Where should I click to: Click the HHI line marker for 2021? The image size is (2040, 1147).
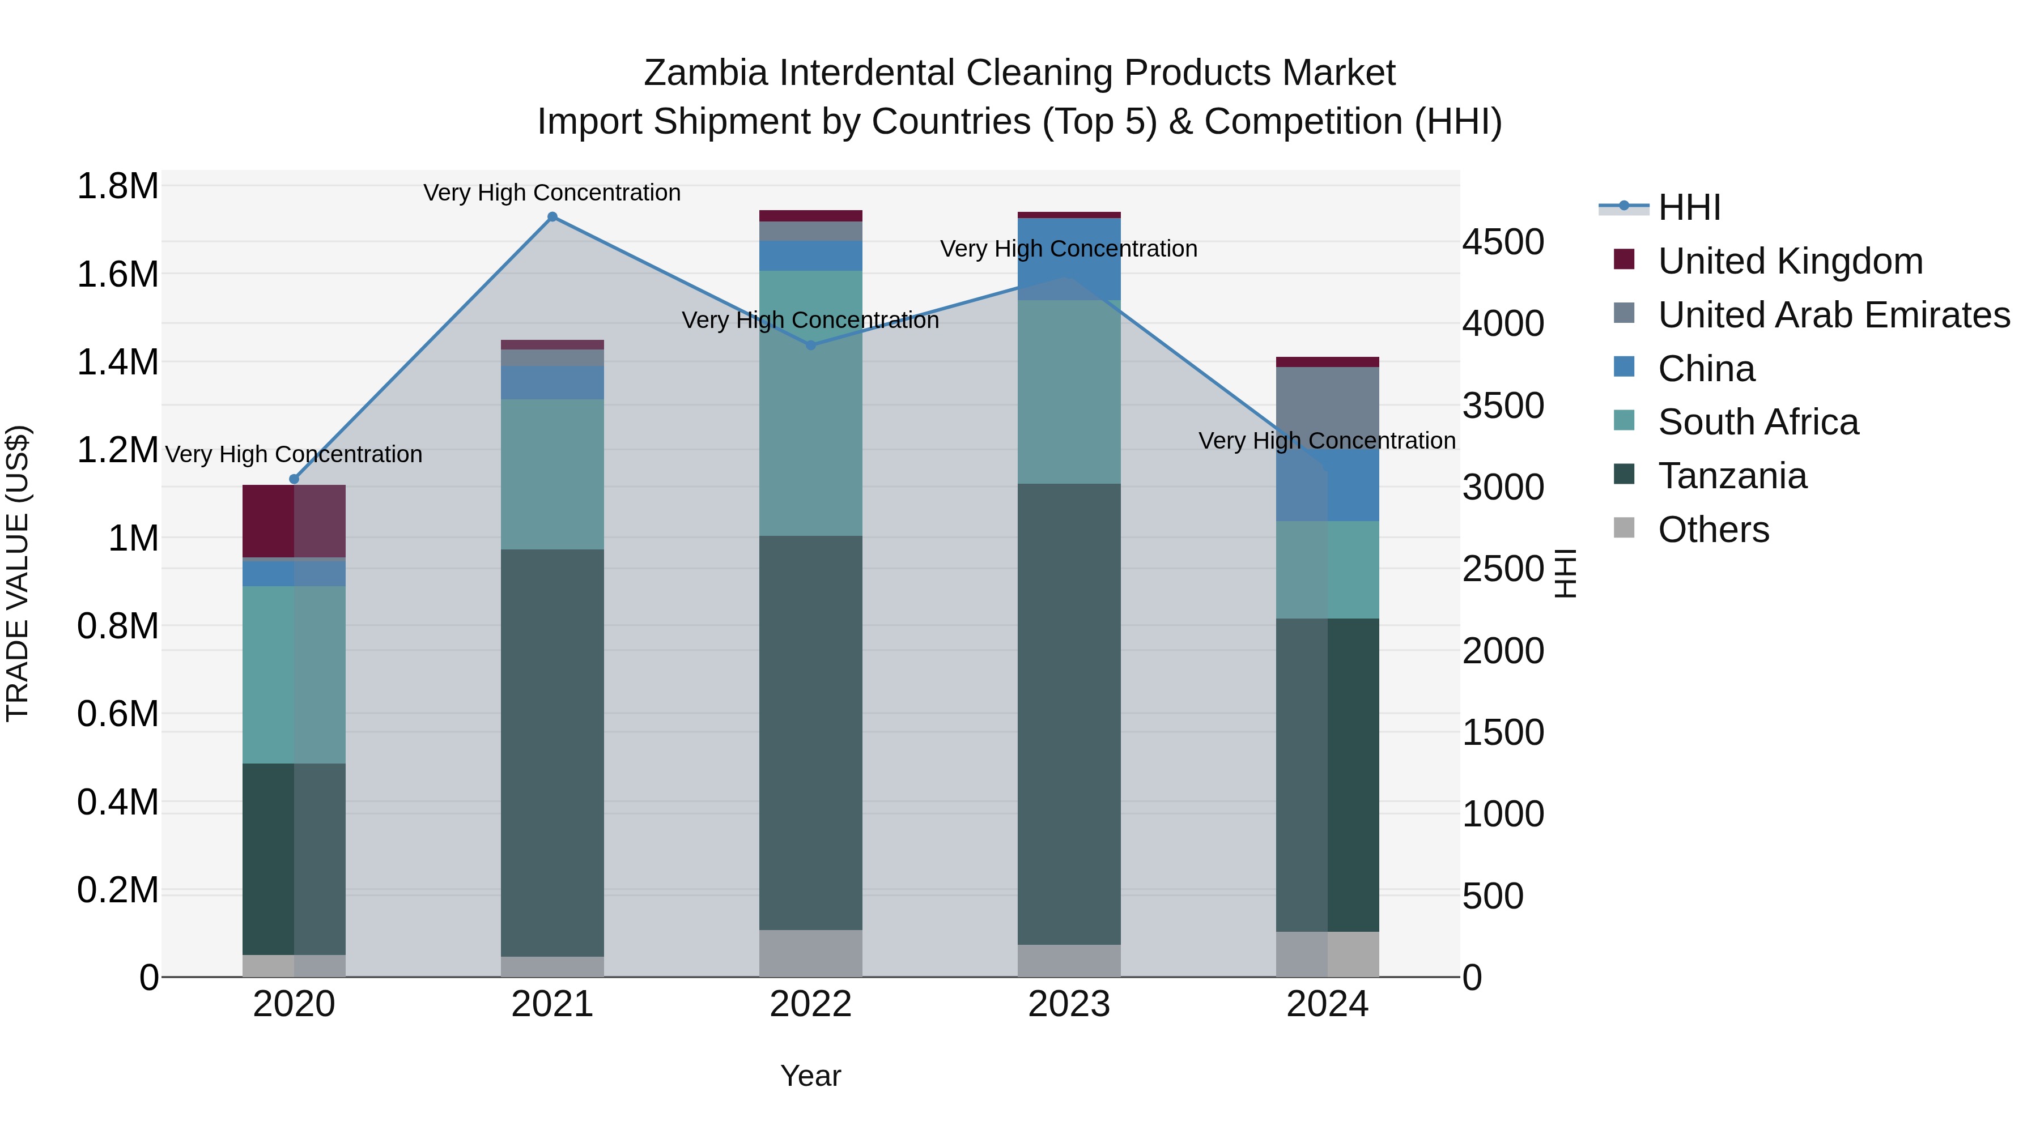[552, 216]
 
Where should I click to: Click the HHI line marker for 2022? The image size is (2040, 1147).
[810, 345]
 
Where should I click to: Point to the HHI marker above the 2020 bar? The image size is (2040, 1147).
[294, 479]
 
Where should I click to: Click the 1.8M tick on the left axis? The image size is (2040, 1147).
[117, 187]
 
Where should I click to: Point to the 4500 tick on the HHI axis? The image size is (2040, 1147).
[1502, 242]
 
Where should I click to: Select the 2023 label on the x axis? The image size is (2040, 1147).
[1068, 1004]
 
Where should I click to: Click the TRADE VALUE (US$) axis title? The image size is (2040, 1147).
[18, 573]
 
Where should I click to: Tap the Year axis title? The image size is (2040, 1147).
[810, 1076]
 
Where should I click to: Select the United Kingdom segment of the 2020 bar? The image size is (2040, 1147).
[294, 521]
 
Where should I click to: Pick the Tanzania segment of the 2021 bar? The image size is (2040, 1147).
[552, 752]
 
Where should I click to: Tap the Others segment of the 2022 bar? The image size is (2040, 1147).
[810, 953]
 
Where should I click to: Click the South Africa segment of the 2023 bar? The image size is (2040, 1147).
[1068, 392]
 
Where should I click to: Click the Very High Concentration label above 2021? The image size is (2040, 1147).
[552, 193]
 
